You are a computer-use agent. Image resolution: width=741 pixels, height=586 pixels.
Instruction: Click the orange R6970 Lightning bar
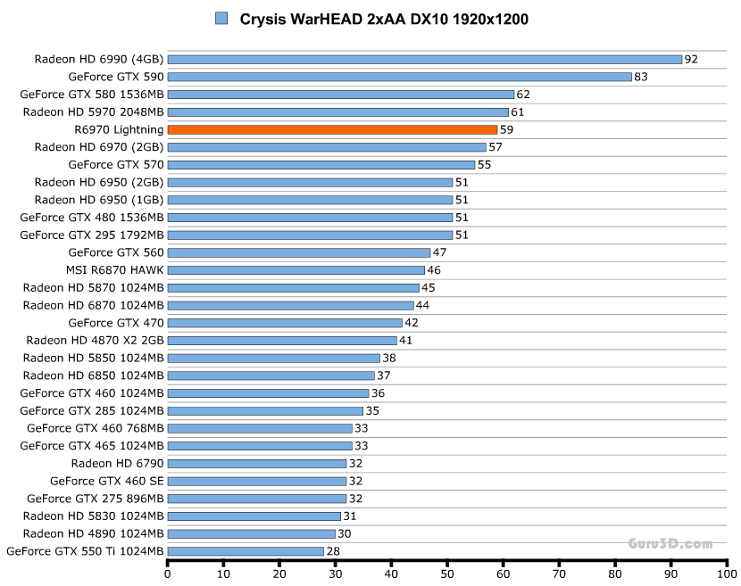coord(332,129)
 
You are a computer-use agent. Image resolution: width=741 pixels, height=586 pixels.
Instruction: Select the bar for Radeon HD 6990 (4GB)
coord(425,60)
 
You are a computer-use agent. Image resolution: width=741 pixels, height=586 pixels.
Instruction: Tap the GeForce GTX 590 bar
coord(399,77)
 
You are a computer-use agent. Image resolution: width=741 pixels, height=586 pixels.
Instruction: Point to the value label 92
coord(691,60)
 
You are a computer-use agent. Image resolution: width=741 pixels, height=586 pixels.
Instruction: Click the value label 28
coord(332,551)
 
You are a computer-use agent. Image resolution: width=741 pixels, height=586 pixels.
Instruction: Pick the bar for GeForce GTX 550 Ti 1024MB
coord(246,551)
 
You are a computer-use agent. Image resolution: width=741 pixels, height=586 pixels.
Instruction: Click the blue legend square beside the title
coord(221,19)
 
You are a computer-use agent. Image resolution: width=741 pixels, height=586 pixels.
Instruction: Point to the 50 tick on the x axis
coord(447,574)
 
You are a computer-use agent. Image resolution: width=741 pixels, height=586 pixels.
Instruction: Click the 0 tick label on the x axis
coord(168,574)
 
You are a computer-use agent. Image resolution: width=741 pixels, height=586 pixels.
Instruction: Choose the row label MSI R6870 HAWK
coord(115,270)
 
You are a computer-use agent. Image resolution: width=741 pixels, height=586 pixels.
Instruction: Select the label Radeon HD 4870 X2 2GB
coord(95,340)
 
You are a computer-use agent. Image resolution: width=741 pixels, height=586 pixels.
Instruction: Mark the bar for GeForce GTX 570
coord(321,165)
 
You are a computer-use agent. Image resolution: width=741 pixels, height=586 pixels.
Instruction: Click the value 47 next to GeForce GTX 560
coord(439,252)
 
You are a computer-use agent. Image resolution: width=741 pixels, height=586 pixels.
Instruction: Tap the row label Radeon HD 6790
coord(118,464)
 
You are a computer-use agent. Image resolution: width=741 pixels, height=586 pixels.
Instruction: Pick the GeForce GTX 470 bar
coord(285,323)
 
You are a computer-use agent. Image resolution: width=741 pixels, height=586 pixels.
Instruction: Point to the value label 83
coord(641,77)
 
